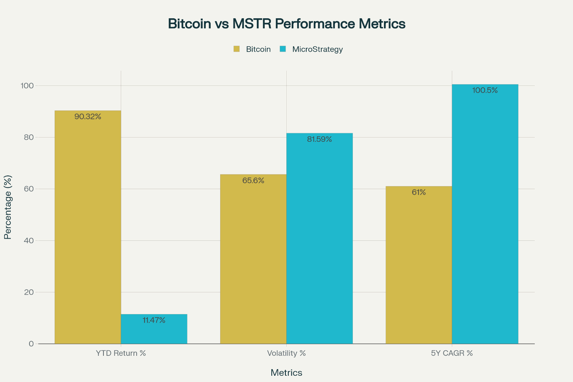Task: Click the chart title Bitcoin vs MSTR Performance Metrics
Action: click(x=286, y=24)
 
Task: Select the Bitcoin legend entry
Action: click(x=252, y=49)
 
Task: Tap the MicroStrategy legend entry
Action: click(x=311, y=49)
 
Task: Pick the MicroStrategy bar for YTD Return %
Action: click(x=154, y=330)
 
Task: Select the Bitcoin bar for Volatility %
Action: click(x=253, y=262)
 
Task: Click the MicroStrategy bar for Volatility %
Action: click(x=320, y=241)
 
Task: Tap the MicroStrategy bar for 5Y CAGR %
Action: click(x=485, y=216)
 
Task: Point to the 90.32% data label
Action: click(x=88, y=117)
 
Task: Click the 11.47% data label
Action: click(x=154, y=320)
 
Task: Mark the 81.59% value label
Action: click(x=320, y=139)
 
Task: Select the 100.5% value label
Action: click(x=485, y=90)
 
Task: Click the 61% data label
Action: click(x=418, y=192)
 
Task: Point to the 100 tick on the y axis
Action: click(x=28, y=86)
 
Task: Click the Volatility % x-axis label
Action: click(x=286, y=354)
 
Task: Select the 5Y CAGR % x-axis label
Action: click(x=452, y=354)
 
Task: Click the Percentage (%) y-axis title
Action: click(x=7, y=207)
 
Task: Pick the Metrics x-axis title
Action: click(x=286, y=373)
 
